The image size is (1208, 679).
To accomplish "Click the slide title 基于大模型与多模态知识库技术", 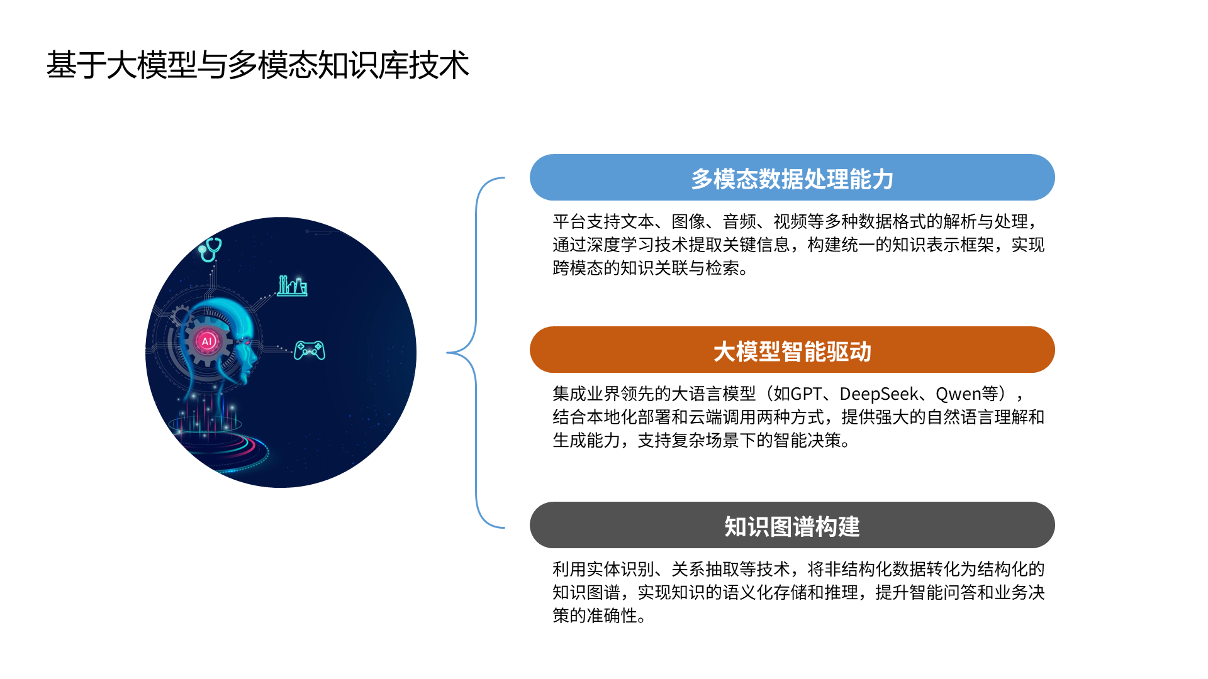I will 257,65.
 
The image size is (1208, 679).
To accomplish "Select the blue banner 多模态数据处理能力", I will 792,178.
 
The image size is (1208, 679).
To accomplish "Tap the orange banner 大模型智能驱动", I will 792,350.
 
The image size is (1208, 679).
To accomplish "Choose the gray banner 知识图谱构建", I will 792,526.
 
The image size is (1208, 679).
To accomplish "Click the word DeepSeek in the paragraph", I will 878,394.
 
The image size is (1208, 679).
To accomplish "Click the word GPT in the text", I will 806,394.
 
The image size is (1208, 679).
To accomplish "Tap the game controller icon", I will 310,350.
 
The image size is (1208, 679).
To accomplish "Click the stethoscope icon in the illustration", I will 210,249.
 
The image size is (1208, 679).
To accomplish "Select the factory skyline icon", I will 293,286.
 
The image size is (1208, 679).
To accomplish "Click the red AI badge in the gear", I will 206,341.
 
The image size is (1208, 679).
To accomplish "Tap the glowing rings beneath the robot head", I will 220,446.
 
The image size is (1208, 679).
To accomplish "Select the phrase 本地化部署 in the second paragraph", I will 629,417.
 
